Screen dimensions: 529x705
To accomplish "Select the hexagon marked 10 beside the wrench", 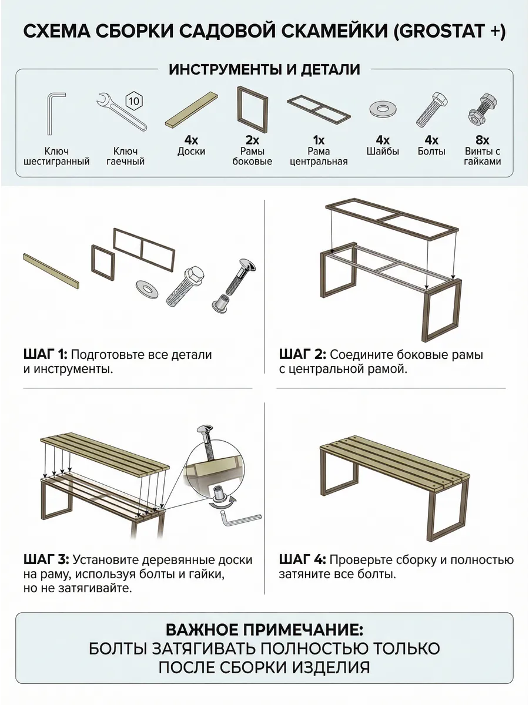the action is click(x=133, y=101).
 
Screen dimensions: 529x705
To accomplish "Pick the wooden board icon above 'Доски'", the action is click(x=192, y=109).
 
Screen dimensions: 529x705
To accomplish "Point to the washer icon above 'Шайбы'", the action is click(x=383, y=109).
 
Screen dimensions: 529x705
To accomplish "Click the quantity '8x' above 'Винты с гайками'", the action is click(x=482, y=140).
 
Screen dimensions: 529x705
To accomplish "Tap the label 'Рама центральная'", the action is click(x=319, y=156).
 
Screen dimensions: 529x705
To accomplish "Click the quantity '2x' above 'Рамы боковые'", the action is click(x=252, y=140).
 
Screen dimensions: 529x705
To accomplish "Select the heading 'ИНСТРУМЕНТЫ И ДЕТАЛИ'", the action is click(x=264, y=70).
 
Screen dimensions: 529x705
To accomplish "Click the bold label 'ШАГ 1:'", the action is click(x=45, y=355).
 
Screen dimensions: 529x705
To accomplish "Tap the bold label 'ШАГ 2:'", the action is click(x=303, y=355).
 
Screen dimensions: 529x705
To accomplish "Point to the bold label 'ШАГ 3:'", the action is click(x=46, y=559).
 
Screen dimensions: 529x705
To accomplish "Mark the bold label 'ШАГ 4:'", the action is click(x=303, y=559).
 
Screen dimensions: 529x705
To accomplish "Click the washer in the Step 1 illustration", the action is click(x=148, y=288).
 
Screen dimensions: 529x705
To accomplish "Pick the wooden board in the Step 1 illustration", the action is click(x=51, y=271).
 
